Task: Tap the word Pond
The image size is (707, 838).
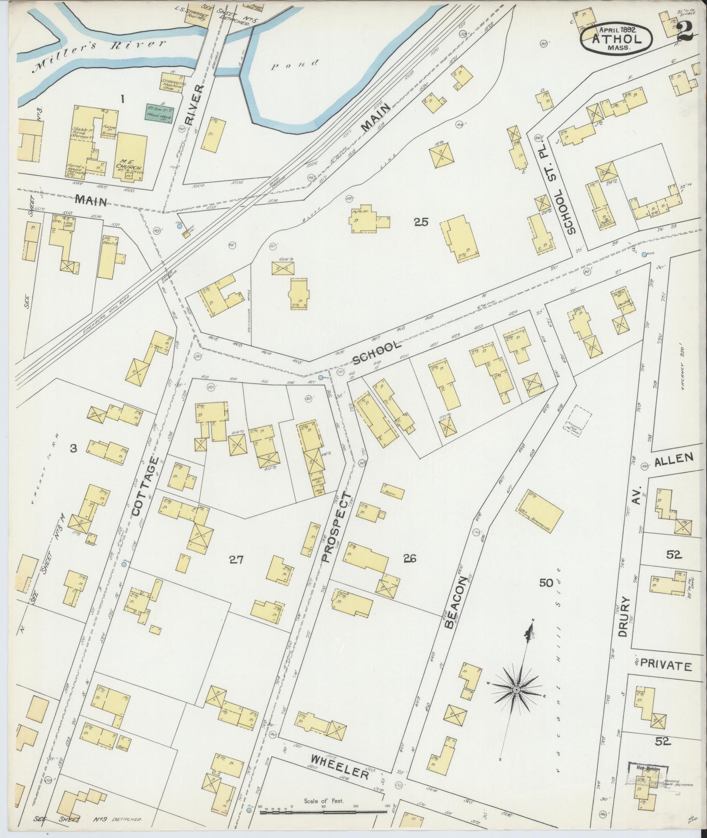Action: (294, 65)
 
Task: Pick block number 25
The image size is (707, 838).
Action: (421, 222)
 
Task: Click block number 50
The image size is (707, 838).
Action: (547, 582)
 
